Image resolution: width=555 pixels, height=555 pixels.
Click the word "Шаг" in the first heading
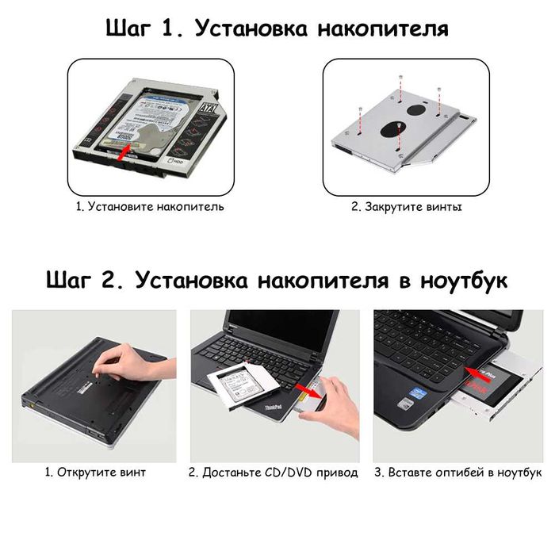[x=128, y=29]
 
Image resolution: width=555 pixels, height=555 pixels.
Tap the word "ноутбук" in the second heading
[x=464, y=281]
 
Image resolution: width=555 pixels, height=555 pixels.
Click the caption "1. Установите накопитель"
[x=150, y=207]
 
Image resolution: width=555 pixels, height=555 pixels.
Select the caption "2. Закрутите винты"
[x=406, y=207]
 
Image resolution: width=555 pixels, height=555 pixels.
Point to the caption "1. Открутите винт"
[x=95, y=473]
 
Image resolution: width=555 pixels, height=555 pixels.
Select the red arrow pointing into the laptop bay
[x=477, y=374]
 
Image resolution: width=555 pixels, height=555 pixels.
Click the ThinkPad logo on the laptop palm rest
[x=273, y=408]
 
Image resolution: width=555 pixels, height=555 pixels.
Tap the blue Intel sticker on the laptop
[x=418, y=393]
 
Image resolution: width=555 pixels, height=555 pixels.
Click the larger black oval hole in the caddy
[x=392, y=128]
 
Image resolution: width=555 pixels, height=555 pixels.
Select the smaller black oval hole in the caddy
[x=416, y=109]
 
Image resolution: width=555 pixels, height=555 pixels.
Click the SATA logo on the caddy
[x=208, y=109]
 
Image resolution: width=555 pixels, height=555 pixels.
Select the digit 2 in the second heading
[x=106, y=281]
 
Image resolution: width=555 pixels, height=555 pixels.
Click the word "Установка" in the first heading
[x=251, y=29]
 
